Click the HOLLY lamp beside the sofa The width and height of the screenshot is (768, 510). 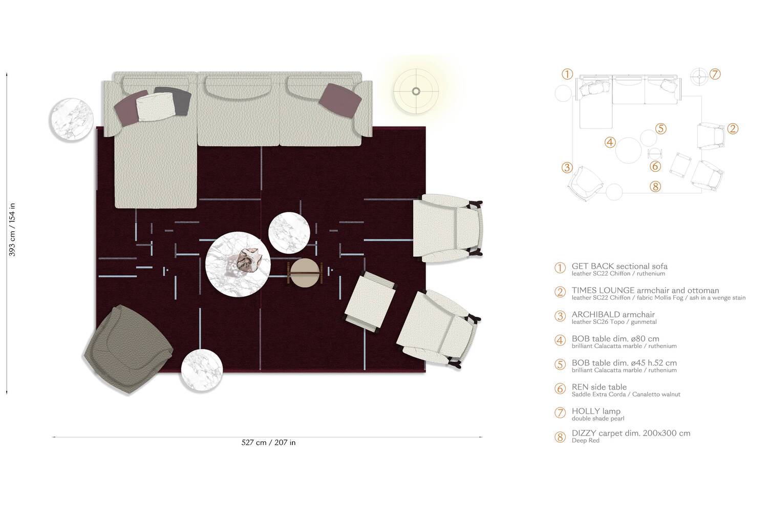pyautogui.click(x=416, y=91)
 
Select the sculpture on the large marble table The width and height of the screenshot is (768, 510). pyautogui.click(x=248, y=260)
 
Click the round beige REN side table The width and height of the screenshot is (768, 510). pyautogui.click(x=305, y=273)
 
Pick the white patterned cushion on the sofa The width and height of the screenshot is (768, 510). pyautogui.click(x=156, y=106)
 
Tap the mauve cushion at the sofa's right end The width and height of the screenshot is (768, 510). pyautogui.click(x=340, y=100)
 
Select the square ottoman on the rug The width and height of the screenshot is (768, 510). pyautogui.click(x=370, y=301)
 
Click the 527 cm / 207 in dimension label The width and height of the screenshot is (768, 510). pyautogui.click(x=268, y=443)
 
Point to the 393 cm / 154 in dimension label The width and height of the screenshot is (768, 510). pyautogui.click(x=12, y=230)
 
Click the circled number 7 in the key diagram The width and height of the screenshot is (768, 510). pyautogui.click(x=715, y=74)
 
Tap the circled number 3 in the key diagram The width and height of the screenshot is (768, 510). pyautogui.click(x=567, y=168)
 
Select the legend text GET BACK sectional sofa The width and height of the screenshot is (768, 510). pyautogui.click(x=620, y=266)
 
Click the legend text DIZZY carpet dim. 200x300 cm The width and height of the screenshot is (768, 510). pyautogui.click(x=631, y=433)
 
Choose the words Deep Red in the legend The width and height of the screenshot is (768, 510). pyautogui.click(x=585, y=440)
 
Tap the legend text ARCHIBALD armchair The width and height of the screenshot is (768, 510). pyautogui.click(x=613, y=314)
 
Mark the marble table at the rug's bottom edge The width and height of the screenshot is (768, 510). pyautogui.click(x=202, y=370)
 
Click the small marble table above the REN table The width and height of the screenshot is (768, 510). pyautogui.click(x=289, y=233)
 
